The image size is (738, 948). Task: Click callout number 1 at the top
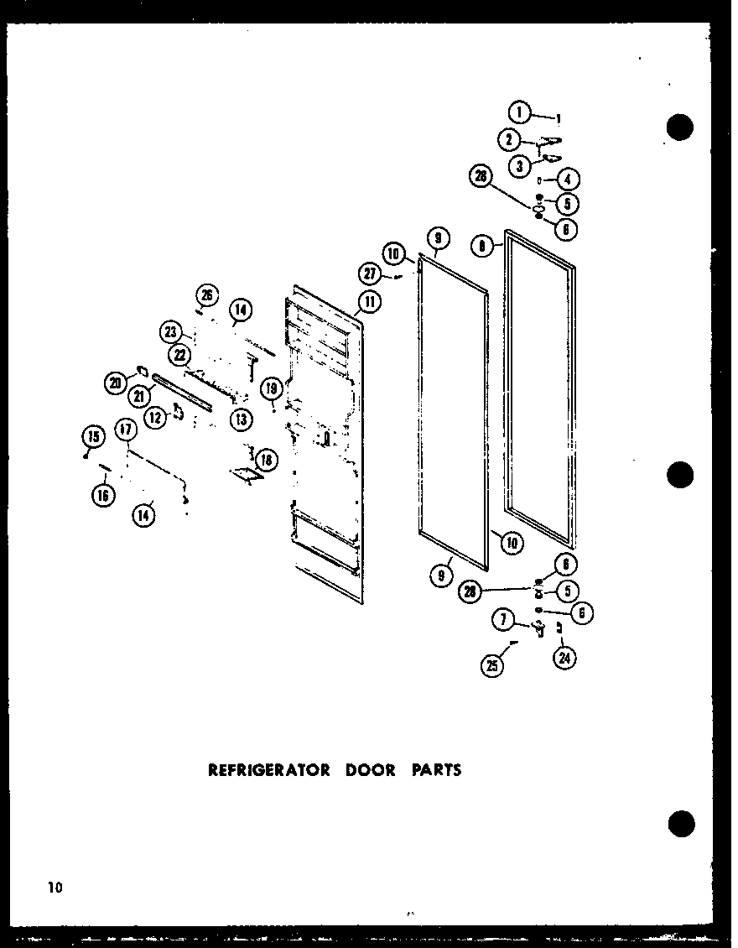click(x=520, y=112)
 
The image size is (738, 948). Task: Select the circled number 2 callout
click(x=508, y=139)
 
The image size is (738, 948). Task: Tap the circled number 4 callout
click(x=571, y=179)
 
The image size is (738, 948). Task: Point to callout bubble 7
click(x=502, y=622)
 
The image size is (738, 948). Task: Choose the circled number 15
click(x=92, y=436)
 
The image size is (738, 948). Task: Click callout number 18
click(x=266, y=460)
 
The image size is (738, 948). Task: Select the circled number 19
click(x=270, y=388)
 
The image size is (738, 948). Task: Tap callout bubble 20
click(x=116, y=383)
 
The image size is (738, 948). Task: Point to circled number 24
click(x=564, y=659)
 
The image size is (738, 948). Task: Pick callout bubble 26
click(x=206, y=294)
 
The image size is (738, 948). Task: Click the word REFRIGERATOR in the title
click(x=268, y=769)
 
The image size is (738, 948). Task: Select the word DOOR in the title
click(x=369, y=769)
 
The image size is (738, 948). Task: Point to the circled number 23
click(x=171, y=332)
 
